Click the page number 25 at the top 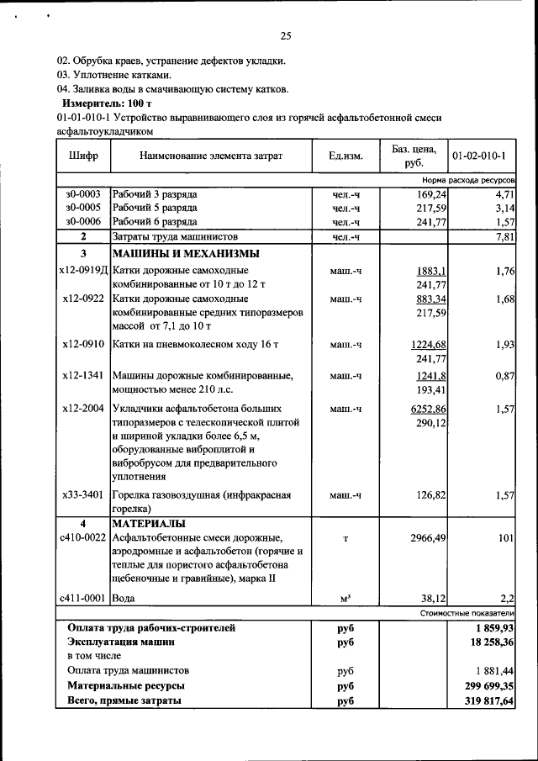(285, 35)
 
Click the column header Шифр (83, 156)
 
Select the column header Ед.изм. (345, 156)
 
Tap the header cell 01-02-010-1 (483, 156)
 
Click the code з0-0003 (83, 193)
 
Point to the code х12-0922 (83, 299)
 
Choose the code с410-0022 (83, 537)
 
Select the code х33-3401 (83, 495)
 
